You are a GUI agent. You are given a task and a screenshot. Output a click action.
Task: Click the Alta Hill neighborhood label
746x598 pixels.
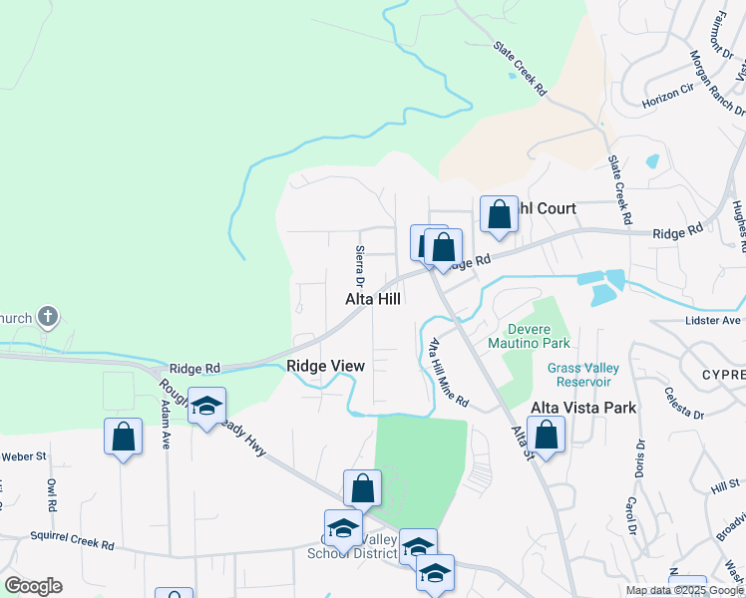click(373, 299)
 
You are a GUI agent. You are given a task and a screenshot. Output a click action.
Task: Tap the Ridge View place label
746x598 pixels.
click(325, 366)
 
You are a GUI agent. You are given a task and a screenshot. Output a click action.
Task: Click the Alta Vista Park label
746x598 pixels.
click(583, 408)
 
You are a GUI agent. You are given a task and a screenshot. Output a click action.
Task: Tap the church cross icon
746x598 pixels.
click(47, 318)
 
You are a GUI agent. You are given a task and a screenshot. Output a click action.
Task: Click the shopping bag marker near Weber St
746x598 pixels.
click(123, 437)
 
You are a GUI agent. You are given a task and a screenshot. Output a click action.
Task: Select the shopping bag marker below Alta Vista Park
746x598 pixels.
click(546, 434)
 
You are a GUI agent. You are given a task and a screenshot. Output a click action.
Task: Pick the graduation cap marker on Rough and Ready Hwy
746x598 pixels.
click(206, 406)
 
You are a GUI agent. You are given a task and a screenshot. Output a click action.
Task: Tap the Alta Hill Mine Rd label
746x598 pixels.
click(448, 373)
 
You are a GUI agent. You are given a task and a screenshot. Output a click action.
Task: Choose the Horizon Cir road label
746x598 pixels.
click(667, 97)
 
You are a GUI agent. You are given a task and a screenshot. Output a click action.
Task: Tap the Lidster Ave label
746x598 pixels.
click(714, 320)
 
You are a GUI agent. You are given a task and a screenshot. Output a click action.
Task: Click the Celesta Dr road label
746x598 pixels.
click(684, 403)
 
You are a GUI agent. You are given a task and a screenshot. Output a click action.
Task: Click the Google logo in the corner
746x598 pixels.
click(33, 585)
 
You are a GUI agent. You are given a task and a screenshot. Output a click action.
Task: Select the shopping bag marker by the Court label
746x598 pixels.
click(499, 214)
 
